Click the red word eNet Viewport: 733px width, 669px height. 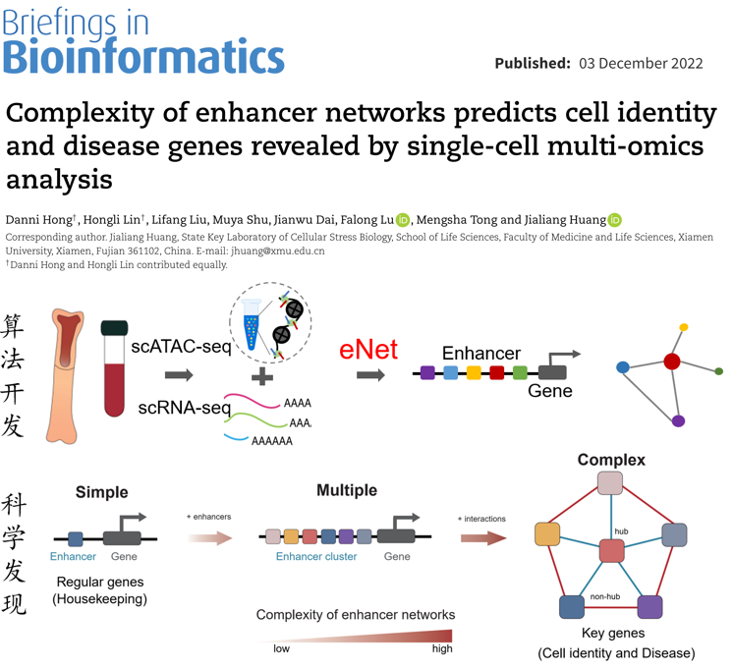click(x=368, y=349)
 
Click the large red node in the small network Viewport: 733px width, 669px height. click(x=672, y=361)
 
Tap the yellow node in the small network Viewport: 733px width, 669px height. click(x=684, y=327)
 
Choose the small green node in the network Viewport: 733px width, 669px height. click(x=719, y=371)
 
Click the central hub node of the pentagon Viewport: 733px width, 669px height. click(x=612, y=550)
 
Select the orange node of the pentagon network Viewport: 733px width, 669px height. click(x=547, y=534)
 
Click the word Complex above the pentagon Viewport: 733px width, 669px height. click(x=611, y=460)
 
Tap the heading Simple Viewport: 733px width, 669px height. click(x=101, y=491)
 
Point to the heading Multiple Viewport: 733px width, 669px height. click(x=347, y=490)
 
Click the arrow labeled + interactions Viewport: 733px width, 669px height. click(x=482, y=537)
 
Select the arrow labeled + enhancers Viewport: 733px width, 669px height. click(x=209, y=537)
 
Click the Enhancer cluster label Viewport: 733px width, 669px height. click(x=315, y=557)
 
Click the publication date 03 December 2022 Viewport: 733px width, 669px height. click(x=641, y=63)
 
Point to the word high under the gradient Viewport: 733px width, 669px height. click(x=442, y=649)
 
